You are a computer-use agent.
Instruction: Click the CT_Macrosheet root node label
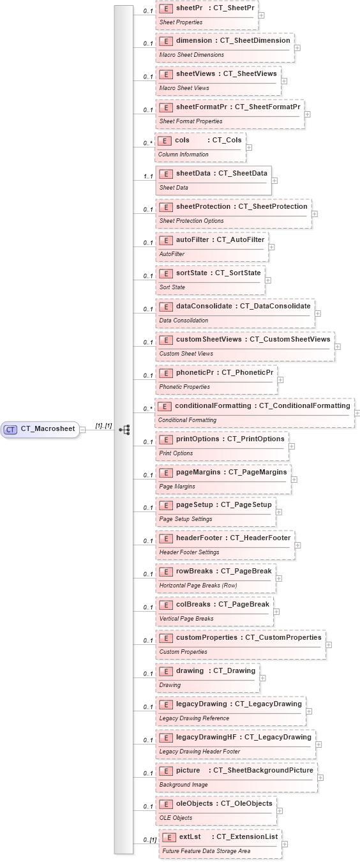click(x=47, y=430)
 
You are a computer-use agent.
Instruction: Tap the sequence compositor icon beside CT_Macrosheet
click(x=124, y=430)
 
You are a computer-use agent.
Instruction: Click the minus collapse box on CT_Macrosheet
click(x=82, y=430)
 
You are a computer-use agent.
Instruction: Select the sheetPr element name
click(x=185, y=8)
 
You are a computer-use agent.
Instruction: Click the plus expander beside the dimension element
click(x=297, y=48)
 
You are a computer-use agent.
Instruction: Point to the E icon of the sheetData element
click(x=166, y=173)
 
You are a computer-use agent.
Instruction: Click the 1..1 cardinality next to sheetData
click(x=148, y=177)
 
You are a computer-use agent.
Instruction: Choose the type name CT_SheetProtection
click(x=273, y=206)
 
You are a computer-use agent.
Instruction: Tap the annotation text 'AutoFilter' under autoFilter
click(x=172, y=254)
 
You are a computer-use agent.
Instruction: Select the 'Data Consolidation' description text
click(x=184, y=321)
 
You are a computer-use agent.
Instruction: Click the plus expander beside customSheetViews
click(x=338, y=347)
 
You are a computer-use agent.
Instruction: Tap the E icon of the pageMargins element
click(x=166, y=473)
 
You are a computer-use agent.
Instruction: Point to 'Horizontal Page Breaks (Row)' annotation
click(x=198, y=586)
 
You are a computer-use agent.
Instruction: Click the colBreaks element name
click(x=193, y=604)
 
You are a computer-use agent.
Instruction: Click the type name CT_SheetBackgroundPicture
click(x=263, y=770)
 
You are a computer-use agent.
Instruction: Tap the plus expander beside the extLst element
click(x=285, y=844)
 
